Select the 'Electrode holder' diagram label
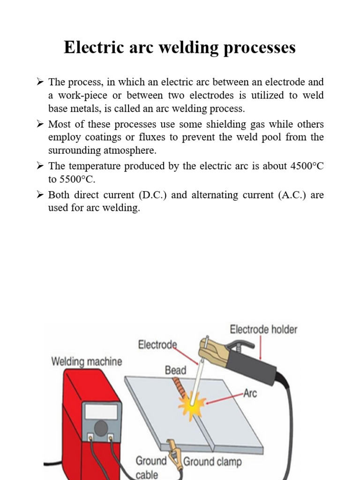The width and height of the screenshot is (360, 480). click(263, 330)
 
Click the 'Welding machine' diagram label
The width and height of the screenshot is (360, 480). click(86, 361)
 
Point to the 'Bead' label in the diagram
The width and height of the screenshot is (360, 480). click(175, 370)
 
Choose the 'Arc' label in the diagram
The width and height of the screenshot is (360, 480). click(250, 393)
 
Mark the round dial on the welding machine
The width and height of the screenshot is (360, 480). click(101, 427)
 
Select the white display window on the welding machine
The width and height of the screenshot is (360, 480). click(101, 412)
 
